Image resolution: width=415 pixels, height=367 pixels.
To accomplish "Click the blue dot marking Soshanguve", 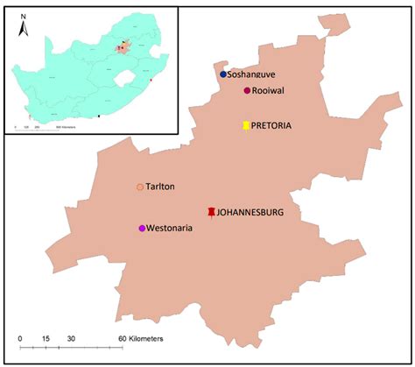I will [x=223, y=74].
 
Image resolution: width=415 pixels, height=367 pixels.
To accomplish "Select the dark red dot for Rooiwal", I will [x=248, y=91].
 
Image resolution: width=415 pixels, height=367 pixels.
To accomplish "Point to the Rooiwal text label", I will [x=271, y=91].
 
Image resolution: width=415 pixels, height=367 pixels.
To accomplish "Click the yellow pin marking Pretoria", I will [x=246, y=126].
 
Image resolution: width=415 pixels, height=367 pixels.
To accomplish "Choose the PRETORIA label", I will [x=271, y=126].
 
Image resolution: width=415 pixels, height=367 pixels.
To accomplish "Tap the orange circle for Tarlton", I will [x=140, y=187].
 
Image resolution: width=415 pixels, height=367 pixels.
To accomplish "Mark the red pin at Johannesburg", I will [x=211, y=212].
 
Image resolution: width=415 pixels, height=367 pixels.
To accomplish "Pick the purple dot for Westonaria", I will [x=142, y=229].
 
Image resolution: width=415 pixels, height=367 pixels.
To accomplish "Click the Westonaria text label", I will [x=171, y=229].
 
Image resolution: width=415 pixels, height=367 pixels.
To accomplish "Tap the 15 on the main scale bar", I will [x=44, y=338].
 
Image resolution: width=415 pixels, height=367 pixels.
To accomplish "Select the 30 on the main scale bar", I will [x=71, y=338].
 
